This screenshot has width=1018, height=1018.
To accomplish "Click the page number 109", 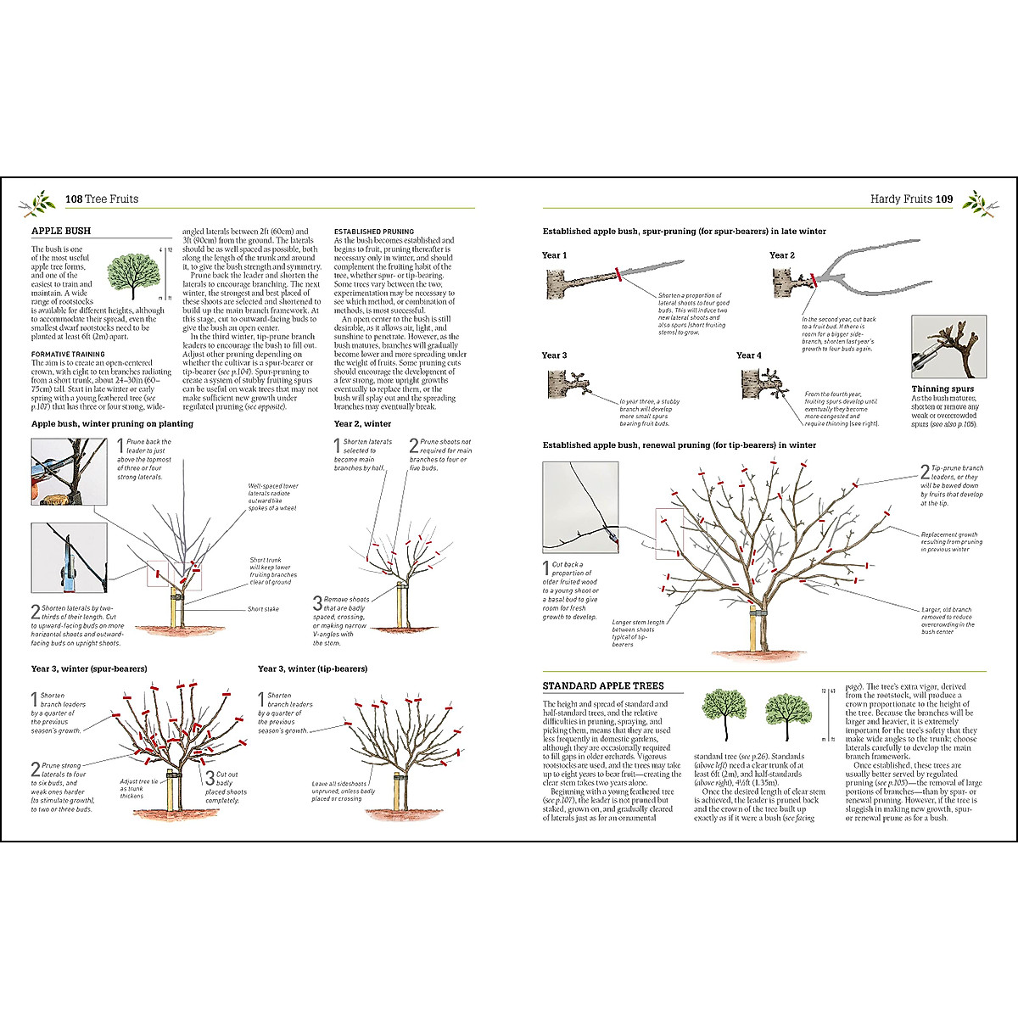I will coord(944,199).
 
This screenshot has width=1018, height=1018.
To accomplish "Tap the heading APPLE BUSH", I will coord(61,231).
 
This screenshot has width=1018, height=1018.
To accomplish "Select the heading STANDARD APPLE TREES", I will coord(603,685).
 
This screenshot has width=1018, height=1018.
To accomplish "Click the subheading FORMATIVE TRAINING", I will coord(68,354).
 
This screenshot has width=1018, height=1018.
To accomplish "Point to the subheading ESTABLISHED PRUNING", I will coord(374,231).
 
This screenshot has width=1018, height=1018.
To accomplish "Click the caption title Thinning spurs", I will coord(942,389).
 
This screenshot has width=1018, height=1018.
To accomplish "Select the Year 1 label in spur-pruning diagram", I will coord(554,255).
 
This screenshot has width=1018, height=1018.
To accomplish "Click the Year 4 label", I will coord(748,355).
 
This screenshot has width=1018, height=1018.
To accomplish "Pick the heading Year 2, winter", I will coord(362,424).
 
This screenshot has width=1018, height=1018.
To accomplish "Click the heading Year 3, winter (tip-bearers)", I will coord(312,668).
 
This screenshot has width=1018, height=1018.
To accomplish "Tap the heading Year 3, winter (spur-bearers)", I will coord(89,668).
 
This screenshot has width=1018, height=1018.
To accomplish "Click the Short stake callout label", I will coord(263,609).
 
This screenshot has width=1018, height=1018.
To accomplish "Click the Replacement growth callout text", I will coord(951,542).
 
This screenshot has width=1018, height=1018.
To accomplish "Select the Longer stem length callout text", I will coord(638,633).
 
